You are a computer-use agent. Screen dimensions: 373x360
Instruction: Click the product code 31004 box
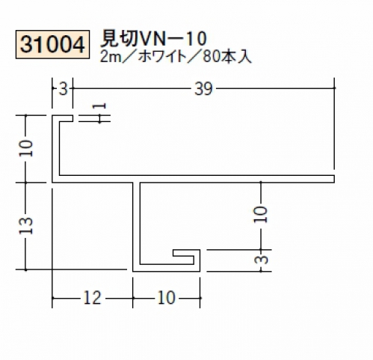pos(52,44)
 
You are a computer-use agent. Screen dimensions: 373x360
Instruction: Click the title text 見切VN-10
pos(153,39)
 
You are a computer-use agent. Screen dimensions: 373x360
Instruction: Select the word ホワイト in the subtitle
pos(162,57)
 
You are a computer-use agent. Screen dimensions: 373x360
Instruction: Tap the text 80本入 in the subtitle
pos(226,57)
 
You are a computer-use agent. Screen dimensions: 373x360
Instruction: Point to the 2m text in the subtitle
pos(111,57)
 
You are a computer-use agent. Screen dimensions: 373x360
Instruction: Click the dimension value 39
pos(203,89)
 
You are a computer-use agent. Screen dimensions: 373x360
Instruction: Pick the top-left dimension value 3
pos(64,89)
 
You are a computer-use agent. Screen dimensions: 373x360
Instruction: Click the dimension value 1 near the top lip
pos(99,106)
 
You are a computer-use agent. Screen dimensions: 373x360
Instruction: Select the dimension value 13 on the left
pos(26,225)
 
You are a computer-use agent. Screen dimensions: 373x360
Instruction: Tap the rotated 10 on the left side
pos(26,148)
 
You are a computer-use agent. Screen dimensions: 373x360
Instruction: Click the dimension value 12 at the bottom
pos(93,298)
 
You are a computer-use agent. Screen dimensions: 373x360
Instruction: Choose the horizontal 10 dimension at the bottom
pos(166,298)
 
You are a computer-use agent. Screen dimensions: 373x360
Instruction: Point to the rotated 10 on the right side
pos(261,214)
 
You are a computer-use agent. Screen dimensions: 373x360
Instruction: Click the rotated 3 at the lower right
pos(261,260)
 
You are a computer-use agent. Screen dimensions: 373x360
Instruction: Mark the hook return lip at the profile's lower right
pos(186,253)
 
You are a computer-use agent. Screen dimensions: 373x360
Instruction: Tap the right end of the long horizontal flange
pos(334,179)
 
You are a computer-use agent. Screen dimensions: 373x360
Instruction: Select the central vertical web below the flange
pos(136,226)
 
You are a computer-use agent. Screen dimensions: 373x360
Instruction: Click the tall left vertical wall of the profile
pos(55,149)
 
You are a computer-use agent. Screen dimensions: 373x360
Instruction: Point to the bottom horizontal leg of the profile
pos(166,268)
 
